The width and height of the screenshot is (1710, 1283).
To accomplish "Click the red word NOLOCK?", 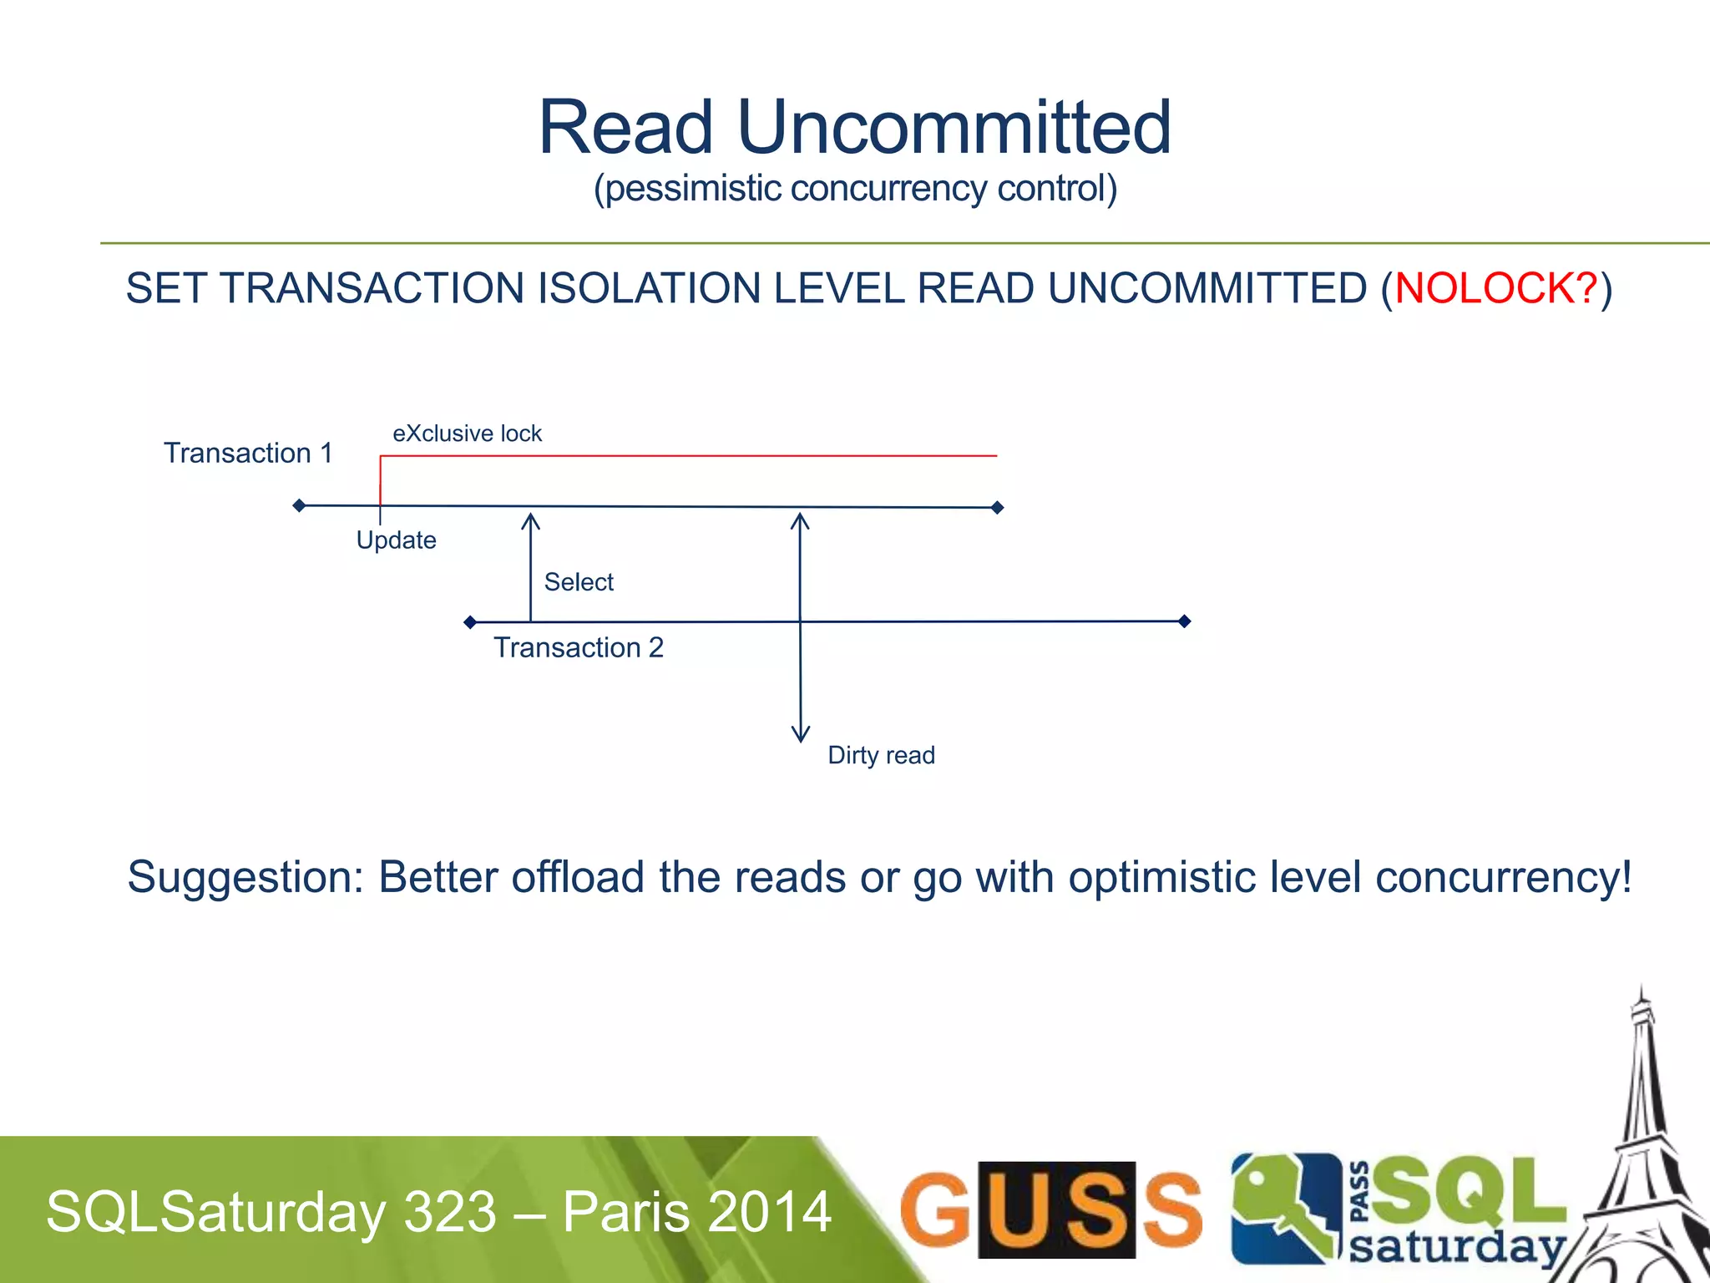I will (x=1495, y=289).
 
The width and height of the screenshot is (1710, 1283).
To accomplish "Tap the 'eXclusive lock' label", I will (x=467, y=434).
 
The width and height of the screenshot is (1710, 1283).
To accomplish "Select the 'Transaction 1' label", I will (x=248, y=453).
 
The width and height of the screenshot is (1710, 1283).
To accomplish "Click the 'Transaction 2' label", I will (x=578, y=647).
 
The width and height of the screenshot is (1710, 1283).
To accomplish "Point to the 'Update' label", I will (x=396, y=540).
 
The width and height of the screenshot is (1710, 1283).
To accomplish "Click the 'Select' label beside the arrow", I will (x=579, y=582).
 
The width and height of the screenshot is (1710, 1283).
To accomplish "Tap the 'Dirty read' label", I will (x=881, y=755).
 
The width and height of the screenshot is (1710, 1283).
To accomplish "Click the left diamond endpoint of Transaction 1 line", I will (x=299, y=505).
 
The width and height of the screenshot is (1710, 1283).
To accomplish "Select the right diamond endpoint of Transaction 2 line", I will (x=1184, y=621).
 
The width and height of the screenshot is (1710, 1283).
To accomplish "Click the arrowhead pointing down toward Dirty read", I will (x=800, y=734).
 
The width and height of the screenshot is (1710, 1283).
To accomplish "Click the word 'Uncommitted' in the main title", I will (x=954, y=127).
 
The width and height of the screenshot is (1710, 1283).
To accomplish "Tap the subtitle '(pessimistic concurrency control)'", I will (x=855, y=189).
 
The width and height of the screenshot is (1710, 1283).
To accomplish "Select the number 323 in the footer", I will (x=450, y=1212).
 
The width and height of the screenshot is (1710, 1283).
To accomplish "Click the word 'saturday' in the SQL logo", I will (x=1456, y=1247).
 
